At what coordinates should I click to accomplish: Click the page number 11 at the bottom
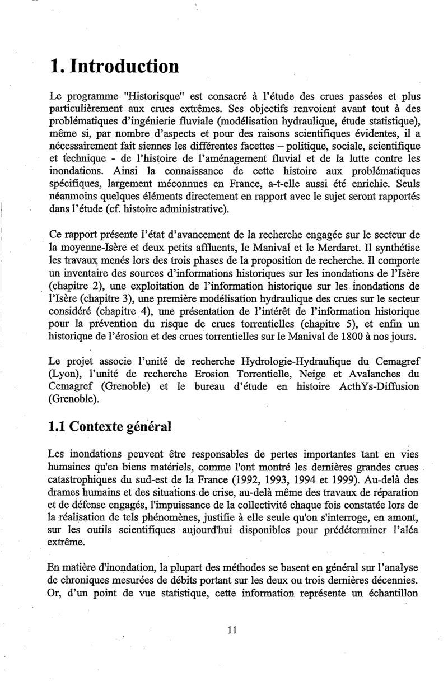[x=233, y=630]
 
